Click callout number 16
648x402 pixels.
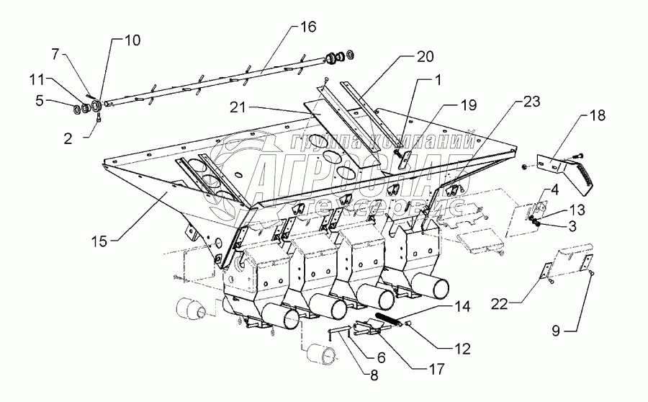308,27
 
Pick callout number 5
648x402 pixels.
40,100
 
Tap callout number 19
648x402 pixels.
469,105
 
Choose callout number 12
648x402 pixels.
462,349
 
